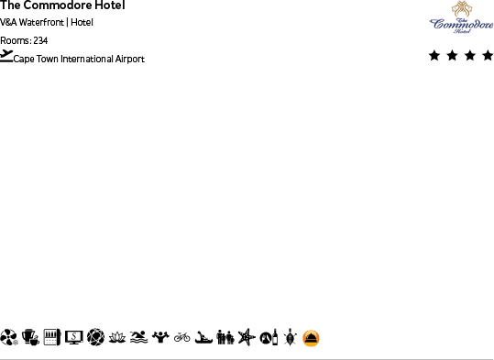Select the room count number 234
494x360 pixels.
pyautogui.click(x=40, y=40)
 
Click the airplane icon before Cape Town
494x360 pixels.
pyautogui.click(x=6, y=56)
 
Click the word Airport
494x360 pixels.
pyautogui.click(x=129, y=60)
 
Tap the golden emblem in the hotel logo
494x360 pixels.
pyautogui.click(x=461, y=9)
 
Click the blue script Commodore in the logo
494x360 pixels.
pyautogui.click(x=461, y=24)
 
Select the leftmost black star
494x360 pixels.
pyautogui.click(x=434, y=56)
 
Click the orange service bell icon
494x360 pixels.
pyautogui.click(x=312, y=338)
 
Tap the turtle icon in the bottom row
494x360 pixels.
pyautogui.click(x=290, y=338)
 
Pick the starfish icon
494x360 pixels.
pyautogui.click(x=245, y=338)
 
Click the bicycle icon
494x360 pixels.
pyautogui.click(x=182, y=338)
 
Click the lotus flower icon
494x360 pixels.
pyautogui.click(x=116, y=338)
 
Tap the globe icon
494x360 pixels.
pyautogui.click(x=95, y=338)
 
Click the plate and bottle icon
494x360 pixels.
pyautogui.click(x=268, y=338)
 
